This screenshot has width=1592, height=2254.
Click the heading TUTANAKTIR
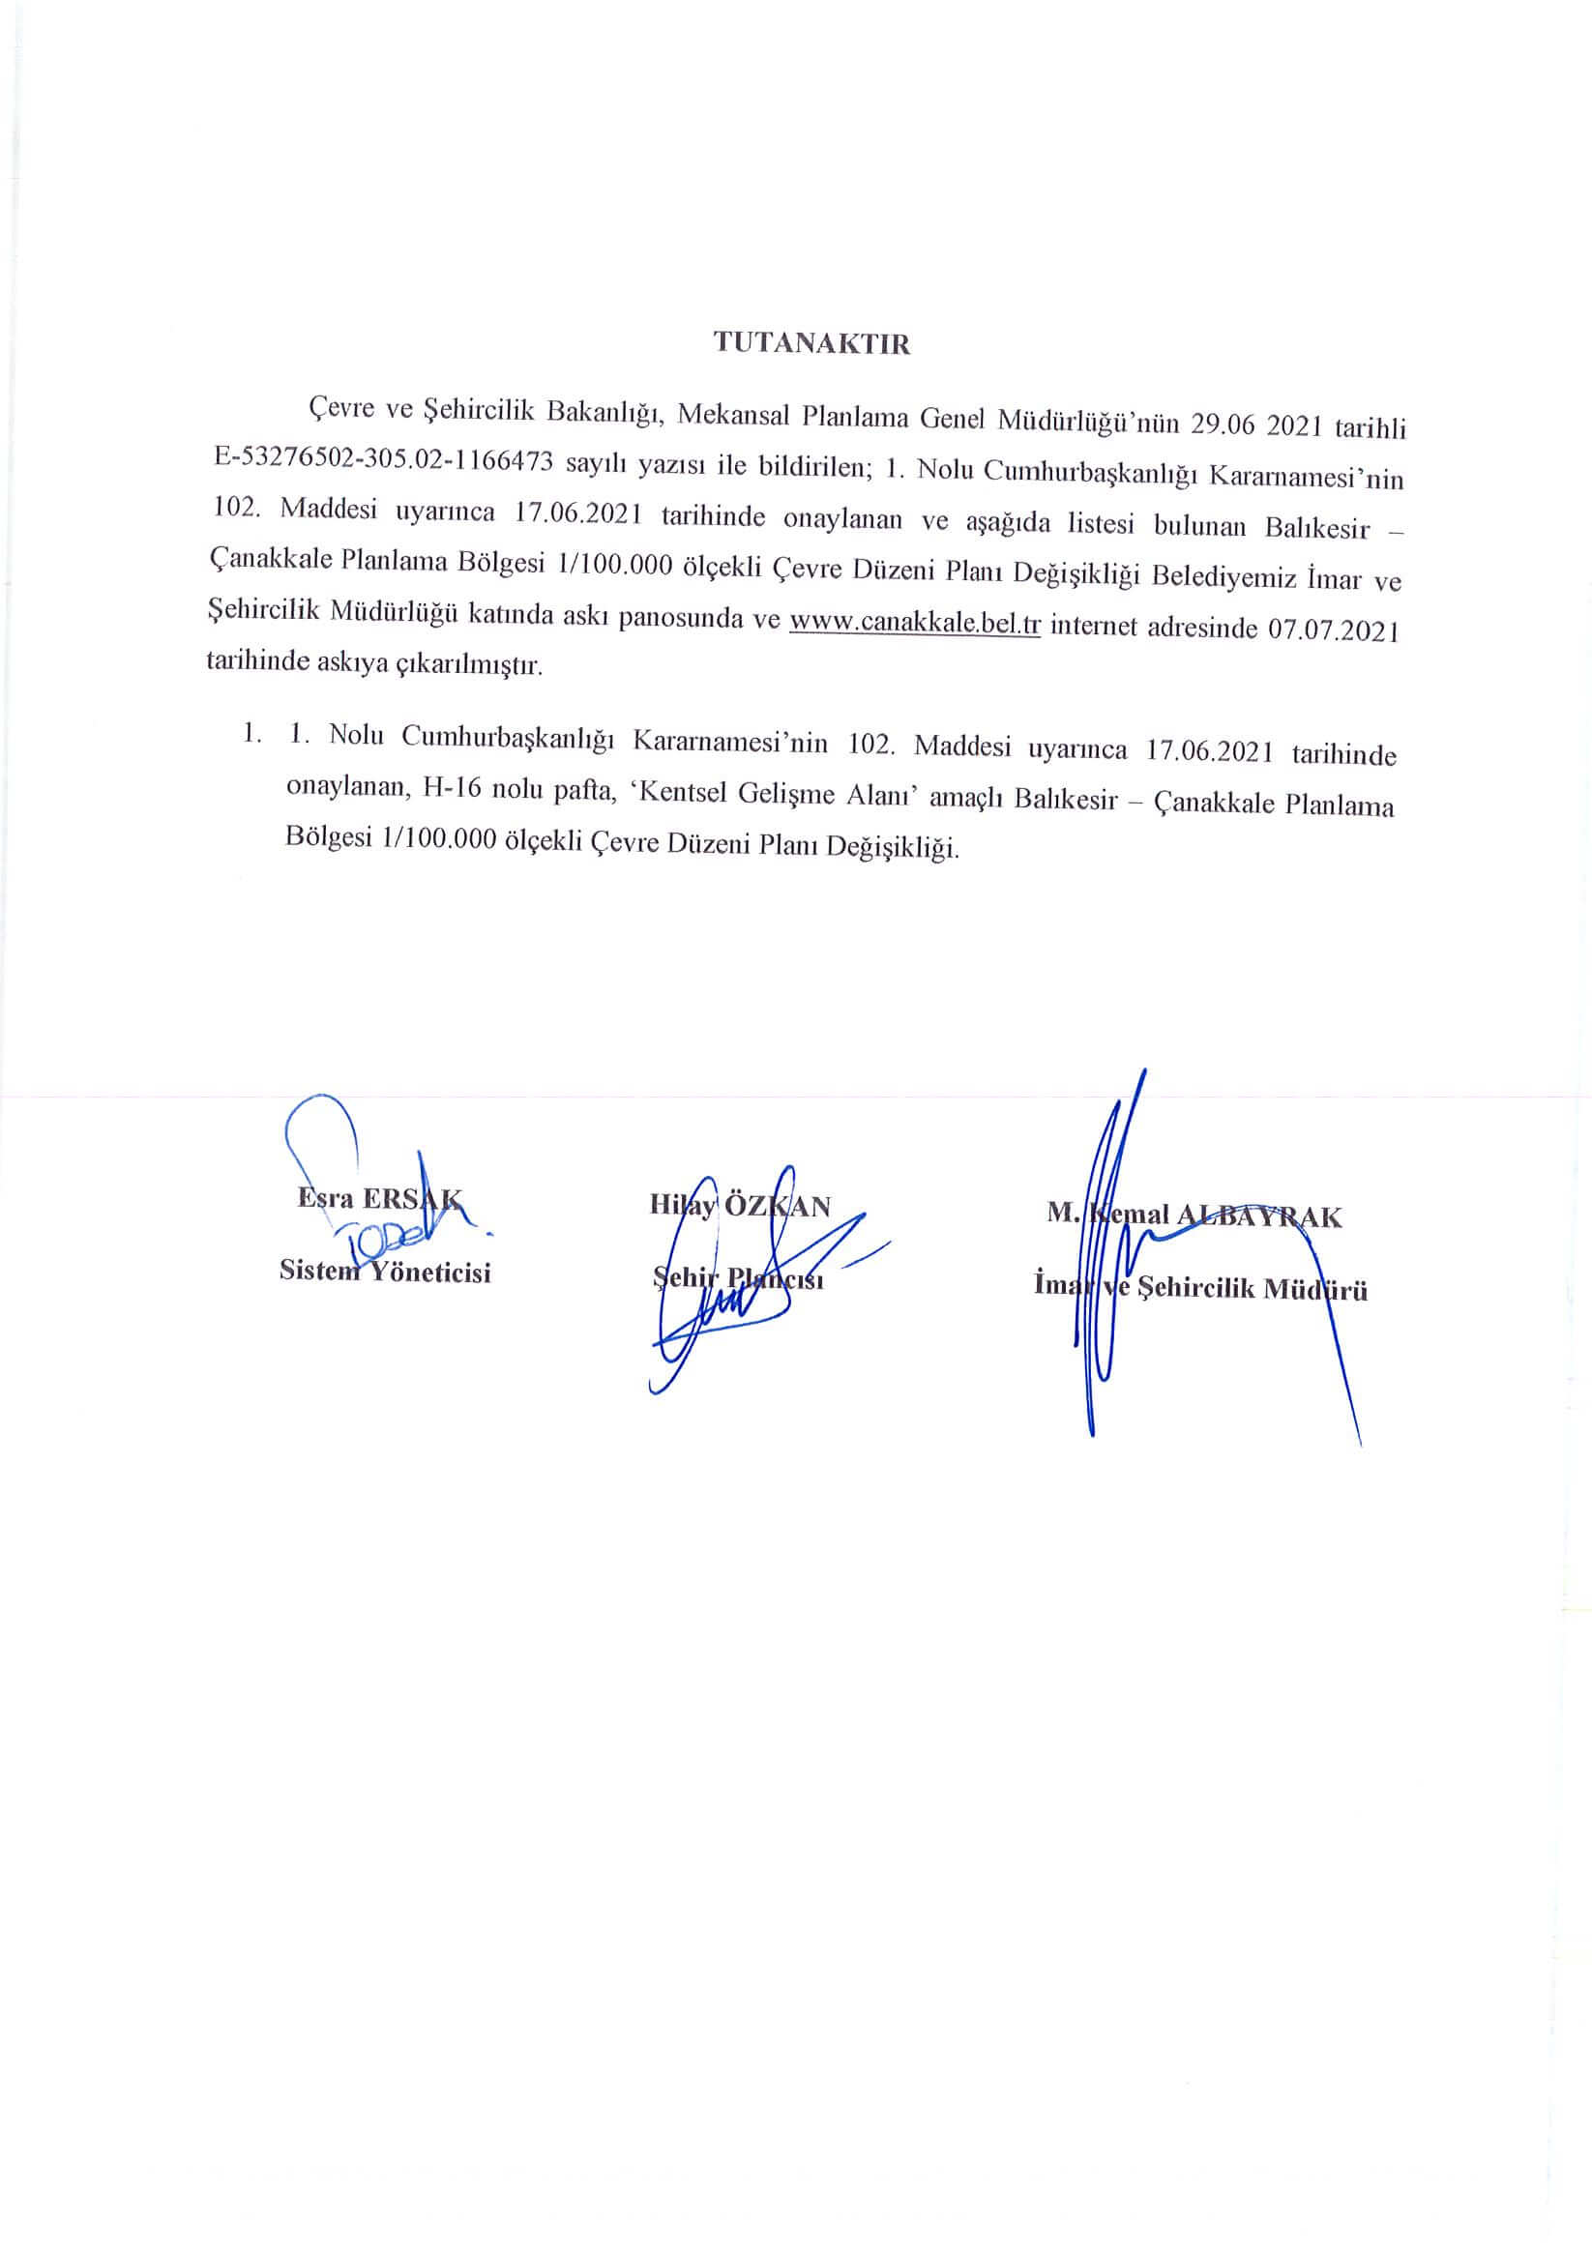[x=811, y=344]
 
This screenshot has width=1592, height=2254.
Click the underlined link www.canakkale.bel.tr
[x=914, y=624]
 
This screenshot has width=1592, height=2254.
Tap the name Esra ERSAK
[x=379, y=1199]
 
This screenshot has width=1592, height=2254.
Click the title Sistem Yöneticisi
[x=385, y=1272]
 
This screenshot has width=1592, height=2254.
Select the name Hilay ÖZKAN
[x=740, y=1206]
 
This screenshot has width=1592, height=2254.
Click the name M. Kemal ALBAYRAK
[x=1194, y=1215]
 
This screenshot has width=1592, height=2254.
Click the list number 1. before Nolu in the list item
[x=300, y=733]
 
